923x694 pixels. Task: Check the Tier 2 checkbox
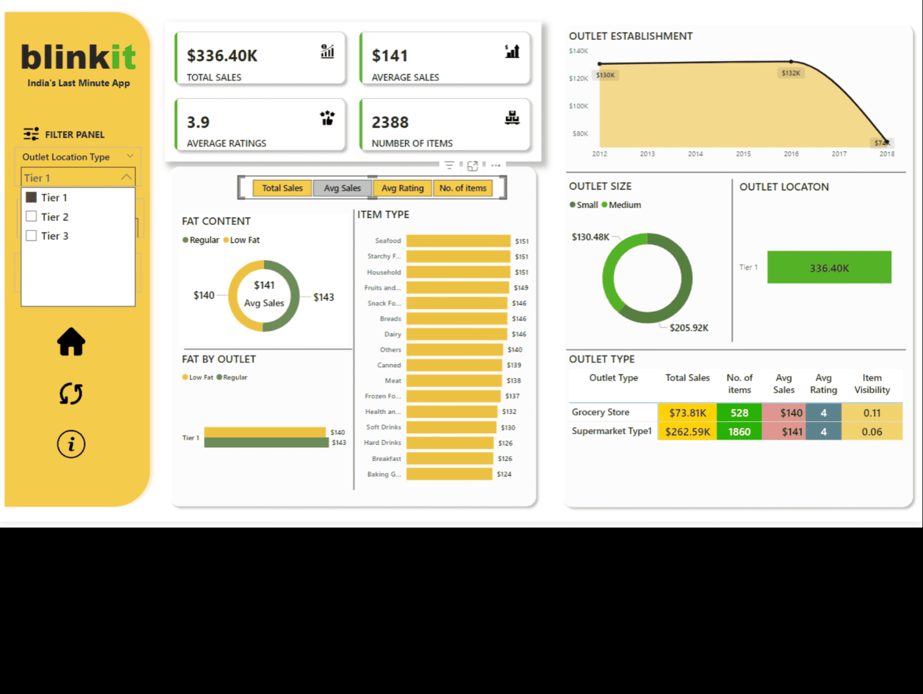(32, 216)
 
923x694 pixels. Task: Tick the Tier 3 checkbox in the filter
(32, 235)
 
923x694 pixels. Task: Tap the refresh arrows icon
(71, 394)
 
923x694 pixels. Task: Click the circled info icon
(71, 444)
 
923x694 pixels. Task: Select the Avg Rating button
(403, 188)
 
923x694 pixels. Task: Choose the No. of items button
(463, 188)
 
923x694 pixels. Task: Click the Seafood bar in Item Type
(458, 241)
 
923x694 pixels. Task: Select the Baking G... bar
(449, 474)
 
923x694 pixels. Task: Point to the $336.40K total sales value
(222, 56)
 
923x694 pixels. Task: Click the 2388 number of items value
(390, 122)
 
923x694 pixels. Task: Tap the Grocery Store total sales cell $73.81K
(687, 412)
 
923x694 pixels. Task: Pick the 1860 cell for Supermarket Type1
(739, 431)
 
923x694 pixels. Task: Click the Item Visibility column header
(872, 383)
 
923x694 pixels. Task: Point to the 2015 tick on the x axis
(743, 154)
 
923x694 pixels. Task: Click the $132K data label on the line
(791, 73)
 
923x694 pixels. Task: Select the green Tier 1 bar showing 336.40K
(829, 267)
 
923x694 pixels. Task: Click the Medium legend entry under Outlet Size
(622, 205)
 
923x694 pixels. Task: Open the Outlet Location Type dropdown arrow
(130, 156)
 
